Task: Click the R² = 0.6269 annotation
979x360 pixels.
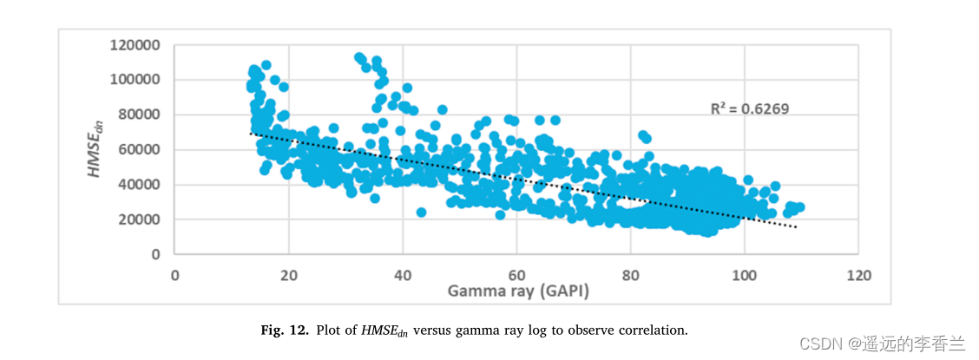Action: pos(750,108)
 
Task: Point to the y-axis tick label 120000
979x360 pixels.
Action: pos(135,44)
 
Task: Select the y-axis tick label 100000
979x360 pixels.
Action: pos(135,80)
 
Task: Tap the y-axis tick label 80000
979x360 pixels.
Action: pos(139,115)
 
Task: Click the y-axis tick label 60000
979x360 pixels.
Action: pos(139,149)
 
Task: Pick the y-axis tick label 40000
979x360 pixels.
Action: pos(139,185)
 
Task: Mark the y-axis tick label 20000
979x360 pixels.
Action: pos(139,219)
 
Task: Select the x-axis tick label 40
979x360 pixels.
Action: pos(402,275)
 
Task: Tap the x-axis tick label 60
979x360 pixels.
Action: pos(516,275)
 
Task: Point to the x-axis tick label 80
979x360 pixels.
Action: pos(629,275)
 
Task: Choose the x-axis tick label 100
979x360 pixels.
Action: pos(743,275)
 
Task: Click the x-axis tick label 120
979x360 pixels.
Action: pos(857,275)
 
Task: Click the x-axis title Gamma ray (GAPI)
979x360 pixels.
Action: pos(518,291)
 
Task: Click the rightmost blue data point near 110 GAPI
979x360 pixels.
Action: pos(799,207)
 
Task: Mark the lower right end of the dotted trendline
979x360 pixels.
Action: pos(796,227)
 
